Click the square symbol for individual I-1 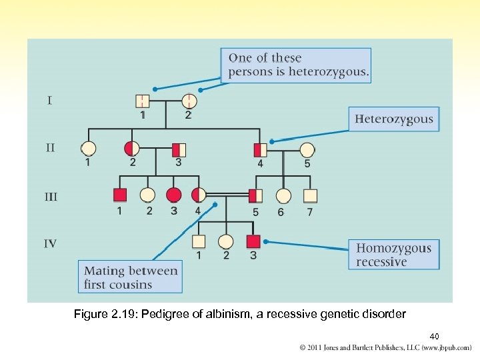(143, 101)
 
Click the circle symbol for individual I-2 (189, 101)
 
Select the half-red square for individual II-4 (260, 149)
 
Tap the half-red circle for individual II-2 (132, 149)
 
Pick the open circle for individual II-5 (307, 149)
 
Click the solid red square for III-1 (119, 195)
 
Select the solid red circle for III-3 (173, 195)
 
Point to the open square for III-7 (310, 196)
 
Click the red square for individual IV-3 (253, 241)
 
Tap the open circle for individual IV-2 (226, 241)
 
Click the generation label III (51, 197)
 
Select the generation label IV (51, 243)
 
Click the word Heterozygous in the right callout (394, 120)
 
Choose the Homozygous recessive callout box (394, 255)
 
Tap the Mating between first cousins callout (131, 277)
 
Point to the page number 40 (434, 336)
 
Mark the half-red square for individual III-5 (256, 195)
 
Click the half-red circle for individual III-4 (198, 195)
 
